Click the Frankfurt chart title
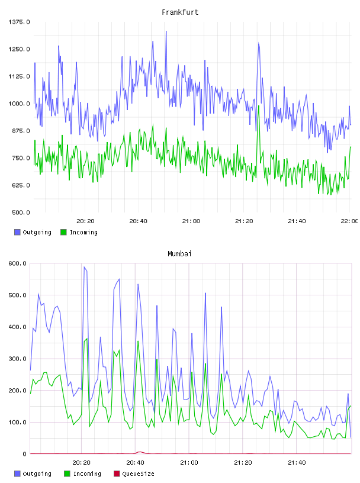[x=180, y=12]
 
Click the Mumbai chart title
[x=179, y=254]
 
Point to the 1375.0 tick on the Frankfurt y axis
[x=19, y=22]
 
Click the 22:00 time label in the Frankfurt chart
[x=349, y=221]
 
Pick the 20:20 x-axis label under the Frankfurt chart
[x=85, y=221]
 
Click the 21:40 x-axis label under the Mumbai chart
[x=297, y=463]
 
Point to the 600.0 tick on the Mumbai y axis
[x=18, y=263]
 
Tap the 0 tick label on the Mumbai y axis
[x=25, y=454]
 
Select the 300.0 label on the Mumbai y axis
[x=18, y=359]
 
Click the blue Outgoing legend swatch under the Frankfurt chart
[x=17, y=232]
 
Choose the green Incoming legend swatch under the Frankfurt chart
[x=63, y=232]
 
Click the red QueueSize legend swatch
[x=117, y=474]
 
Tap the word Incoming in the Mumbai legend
[x=87, y=474]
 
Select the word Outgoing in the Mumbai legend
[x=37, y=474]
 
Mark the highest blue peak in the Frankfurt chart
[x=166, y=31]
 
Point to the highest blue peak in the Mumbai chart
[x=84, y=267]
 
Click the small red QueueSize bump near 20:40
[x=140, y=452]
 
